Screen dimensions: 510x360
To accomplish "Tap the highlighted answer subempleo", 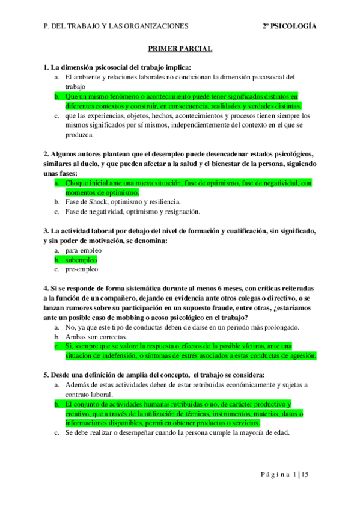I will coord(81,260).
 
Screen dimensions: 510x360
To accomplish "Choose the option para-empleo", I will coord(84,250).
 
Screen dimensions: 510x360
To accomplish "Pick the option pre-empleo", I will coord(82,269).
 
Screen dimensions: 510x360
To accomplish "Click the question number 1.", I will coord(46,67).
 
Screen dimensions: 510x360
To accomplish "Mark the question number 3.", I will coord(46,231).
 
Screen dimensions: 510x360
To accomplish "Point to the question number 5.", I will coord(46,375).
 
